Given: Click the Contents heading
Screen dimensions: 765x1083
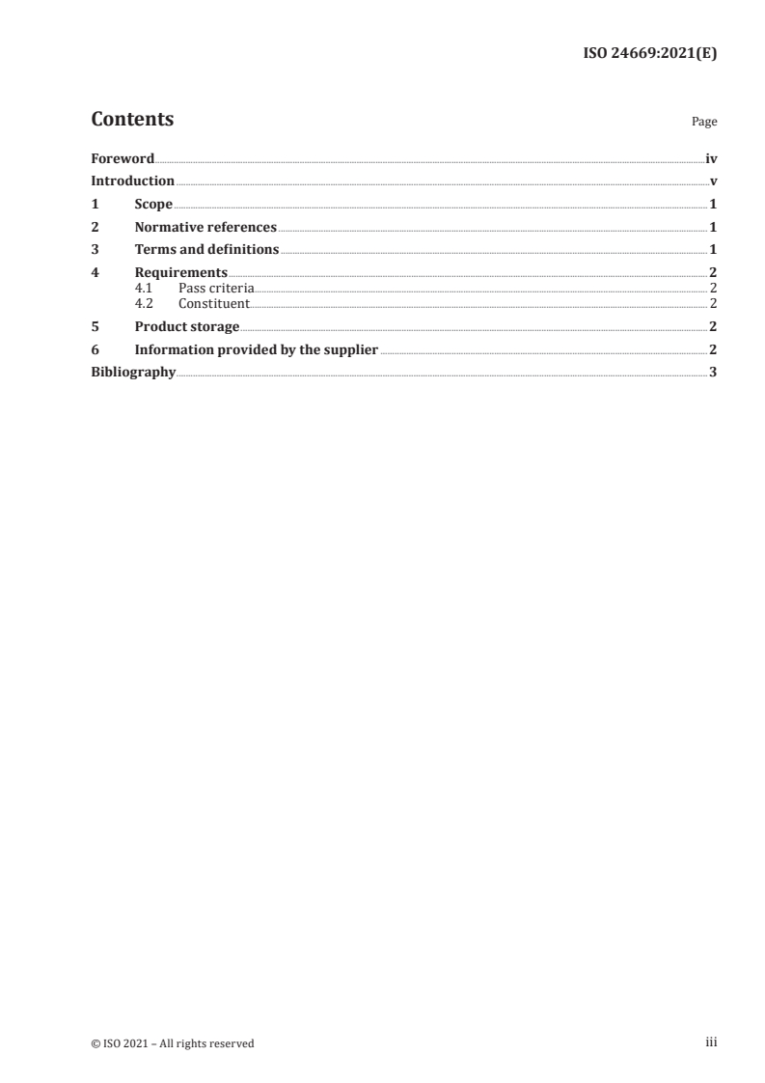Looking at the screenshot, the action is pos(132,120).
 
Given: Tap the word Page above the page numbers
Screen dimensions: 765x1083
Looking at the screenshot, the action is pos(704,123).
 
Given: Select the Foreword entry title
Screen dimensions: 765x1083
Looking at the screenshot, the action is pos(123,158).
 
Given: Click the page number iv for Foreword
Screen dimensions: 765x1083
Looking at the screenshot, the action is pos(711,158).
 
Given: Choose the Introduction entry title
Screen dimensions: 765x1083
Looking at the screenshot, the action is pos(132,181).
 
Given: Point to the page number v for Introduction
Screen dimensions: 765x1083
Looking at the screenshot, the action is pos(713,181).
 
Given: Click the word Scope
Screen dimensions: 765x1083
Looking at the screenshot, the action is pos(153,205).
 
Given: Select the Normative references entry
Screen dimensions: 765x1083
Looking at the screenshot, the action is pos(205,228).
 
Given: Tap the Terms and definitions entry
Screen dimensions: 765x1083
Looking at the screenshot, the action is pos(206,250).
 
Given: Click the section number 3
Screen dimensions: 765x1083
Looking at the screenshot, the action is pos(95,250).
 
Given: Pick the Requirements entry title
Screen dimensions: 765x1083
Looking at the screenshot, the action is pos(181,273).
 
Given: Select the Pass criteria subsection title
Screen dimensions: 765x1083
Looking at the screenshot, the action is pos(216,288).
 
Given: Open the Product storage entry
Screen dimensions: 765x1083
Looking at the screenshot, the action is pos(187,326).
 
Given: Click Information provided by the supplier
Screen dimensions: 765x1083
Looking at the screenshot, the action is pos(256,349).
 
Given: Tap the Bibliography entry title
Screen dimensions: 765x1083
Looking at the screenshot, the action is pos(133,373).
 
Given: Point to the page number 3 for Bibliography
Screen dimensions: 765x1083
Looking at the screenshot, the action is pos(713,373).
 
